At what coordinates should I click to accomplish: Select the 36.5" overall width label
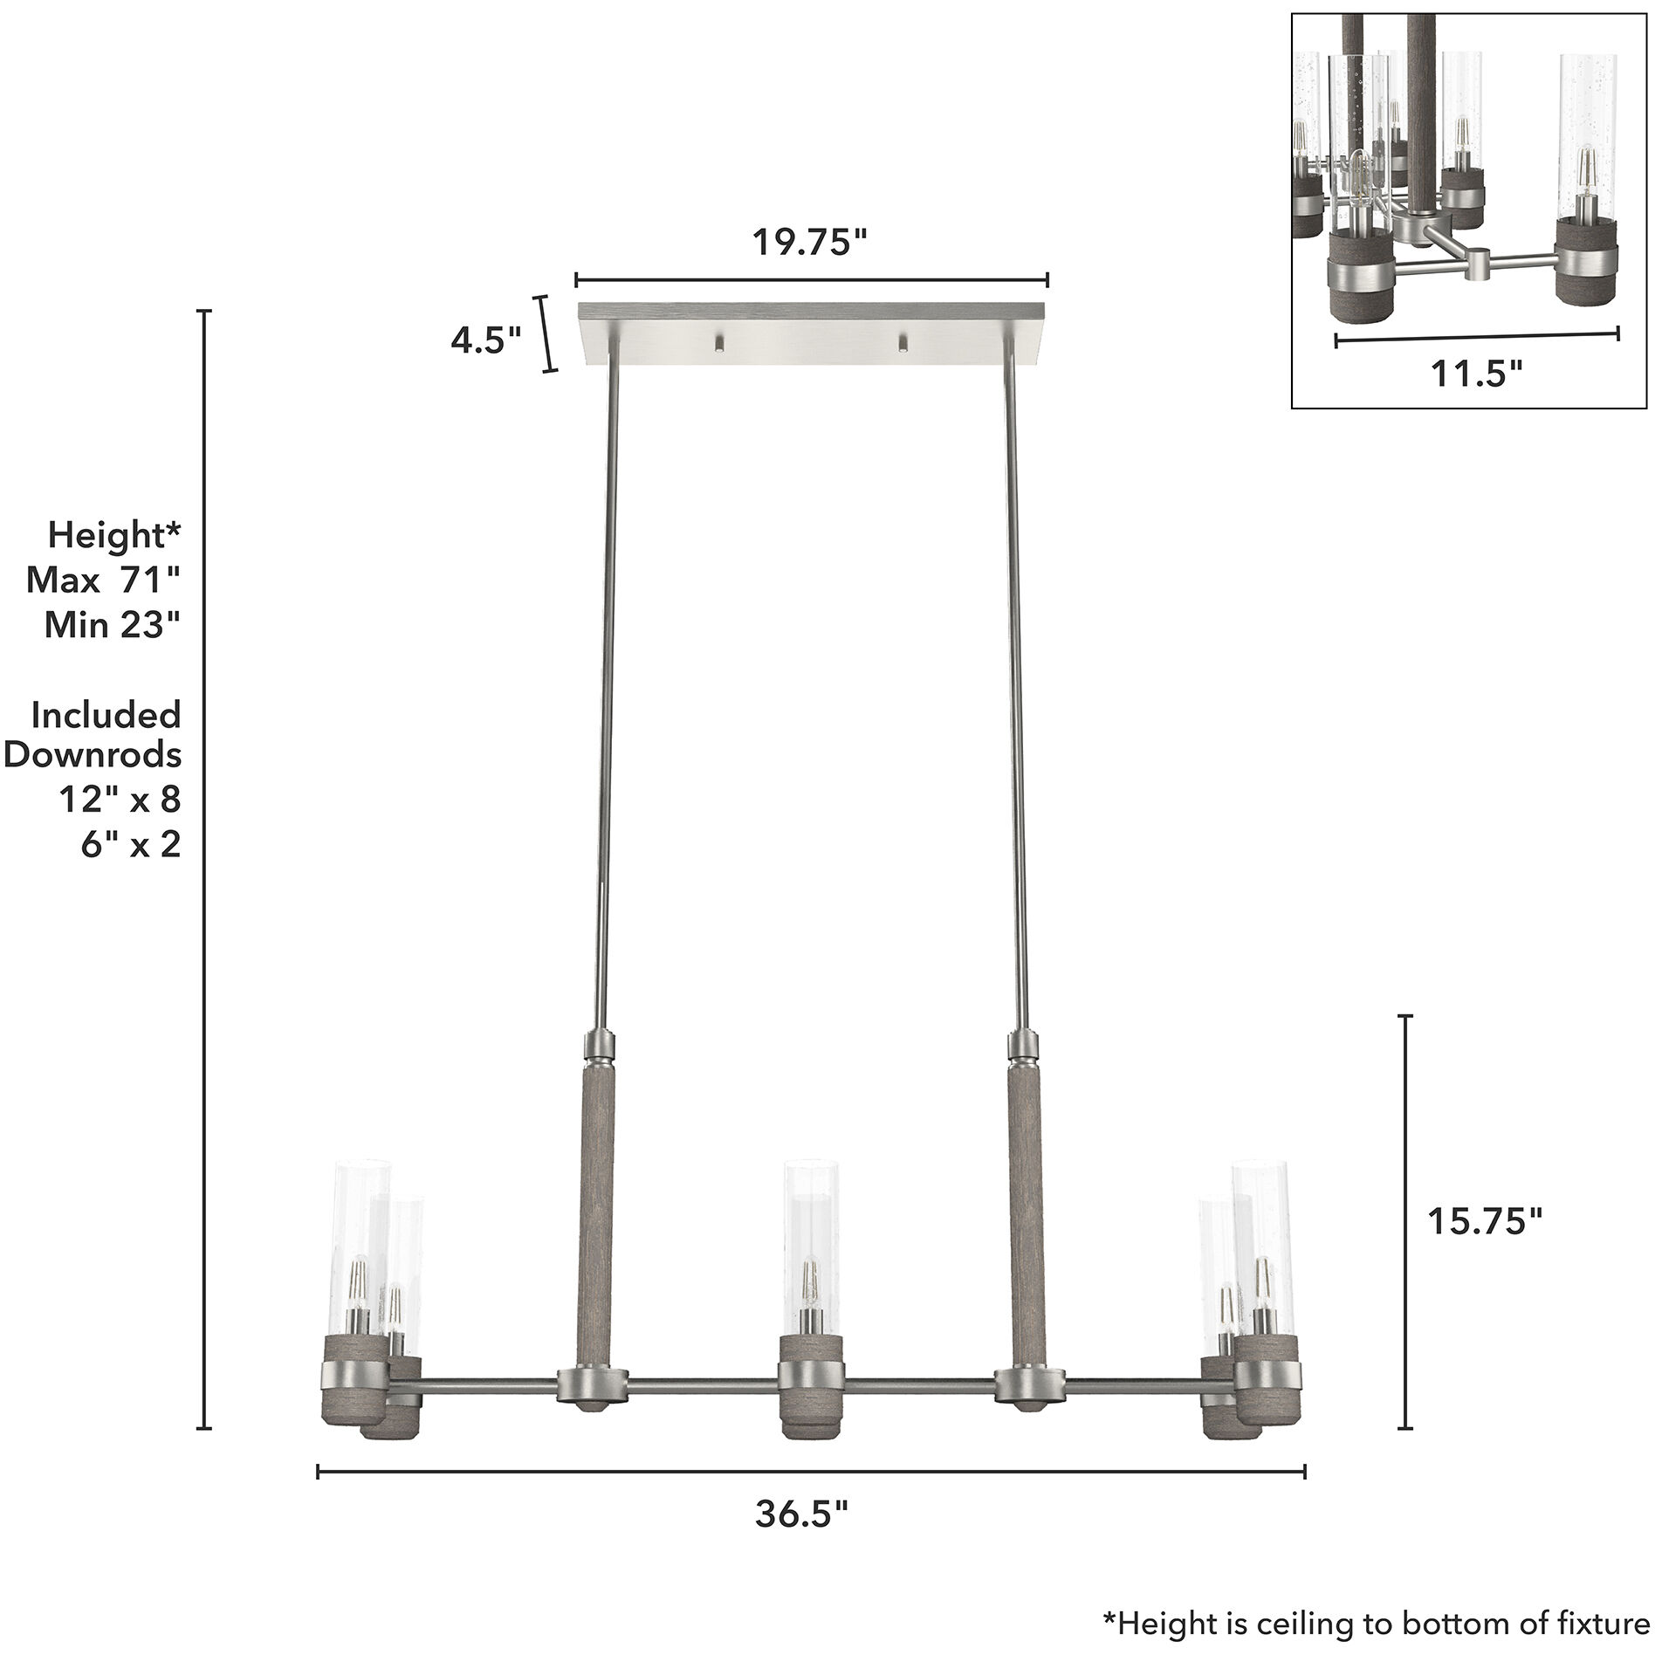(801, 1539)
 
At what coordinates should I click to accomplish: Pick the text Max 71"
(103, 580)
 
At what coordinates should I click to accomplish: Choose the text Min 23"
(112, 625)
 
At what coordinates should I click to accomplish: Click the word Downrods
(93, 754)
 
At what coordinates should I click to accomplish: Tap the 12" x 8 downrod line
(120, 800)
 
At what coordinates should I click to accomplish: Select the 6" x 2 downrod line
(131, 845)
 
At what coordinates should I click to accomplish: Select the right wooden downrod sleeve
(1023, 1213)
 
